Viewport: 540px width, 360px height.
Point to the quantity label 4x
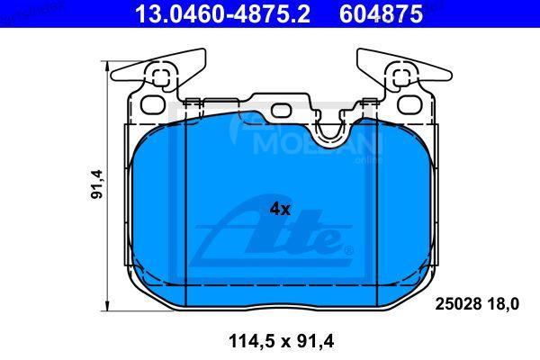point(280,209)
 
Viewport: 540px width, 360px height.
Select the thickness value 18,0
point(503,304)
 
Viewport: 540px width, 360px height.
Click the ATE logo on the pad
point(274,231)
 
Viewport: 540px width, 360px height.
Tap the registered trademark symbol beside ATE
point(349,249)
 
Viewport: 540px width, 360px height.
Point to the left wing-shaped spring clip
point(162,72)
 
